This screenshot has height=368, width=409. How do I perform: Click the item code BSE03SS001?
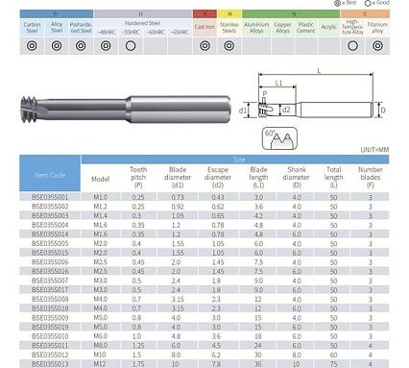point(51,196)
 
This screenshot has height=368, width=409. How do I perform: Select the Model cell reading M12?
point(100,364)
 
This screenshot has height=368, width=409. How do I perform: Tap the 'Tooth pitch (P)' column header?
point(137,178)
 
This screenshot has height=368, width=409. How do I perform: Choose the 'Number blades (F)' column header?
point(370,178)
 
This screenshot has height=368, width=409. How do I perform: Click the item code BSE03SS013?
point(51,364)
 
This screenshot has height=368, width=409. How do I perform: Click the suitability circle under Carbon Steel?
point(32,45)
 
